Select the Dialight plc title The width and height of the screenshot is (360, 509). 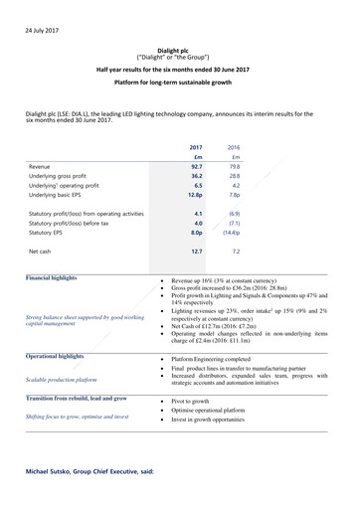(179, 60)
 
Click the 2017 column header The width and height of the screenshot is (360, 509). (196, 146)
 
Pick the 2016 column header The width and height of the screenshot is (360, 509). (235, 146)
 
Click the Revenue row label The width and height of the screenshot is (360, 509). (41, 166)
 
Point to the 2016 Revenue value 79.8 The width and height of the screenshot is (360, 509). (235, 166)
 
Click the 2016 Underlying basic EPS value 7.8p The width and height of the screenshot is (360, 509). (236, 199)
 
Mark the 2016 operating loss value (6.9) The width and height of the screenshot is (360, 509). (235, 214)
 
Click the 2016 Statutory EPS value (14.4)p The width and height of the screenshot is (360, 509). (234, 236)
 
